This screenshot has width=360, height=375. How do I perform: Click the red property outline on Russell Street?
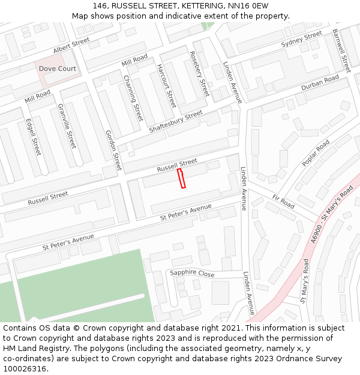point(181,178)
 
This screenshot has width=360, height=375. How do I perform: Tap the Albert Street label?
point(71,45)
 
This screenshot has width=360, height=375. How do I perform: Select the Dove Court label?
point(58,68)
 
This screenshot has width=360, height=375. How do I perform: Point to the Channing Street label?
point(133,97)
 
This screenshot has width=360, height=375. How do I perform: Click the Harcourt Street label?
point(166,86)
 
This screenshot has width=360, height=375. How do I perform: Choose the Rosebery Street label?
point(199,74)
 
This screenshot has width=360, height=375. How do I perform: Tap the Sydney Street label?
point(302,40)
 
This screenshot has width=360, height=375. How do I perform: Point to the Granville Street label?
point(67,126)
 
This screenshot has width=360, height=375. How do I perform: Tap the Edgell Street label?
point(33,137)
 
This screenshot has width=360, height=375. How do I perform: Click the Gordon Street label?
point(113,150)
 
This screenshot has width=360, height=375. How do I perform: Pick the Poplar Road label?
point(316,153)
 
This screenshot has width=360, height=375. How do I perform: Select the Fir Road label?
point(283,201)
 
